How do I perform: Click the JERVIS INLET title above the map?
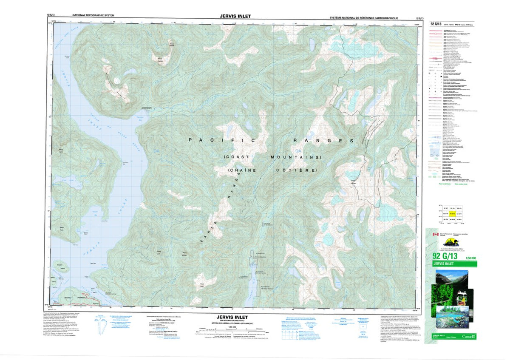235,16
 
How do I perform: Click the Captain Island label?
63,269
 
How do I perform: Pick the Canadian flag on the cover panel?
435,235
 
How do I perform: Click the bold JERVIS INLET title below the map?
235,317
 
